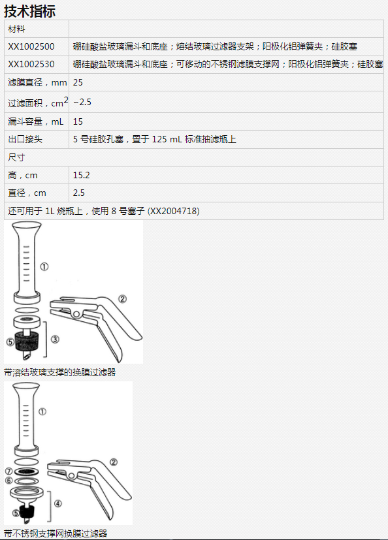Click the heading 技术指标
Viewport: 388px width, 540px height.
click(x=29, y=11)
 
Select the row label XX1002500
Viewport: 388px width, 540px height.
click(x=31, y=46)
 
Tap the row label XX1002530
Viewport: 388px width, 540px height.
click(x=31, y=65)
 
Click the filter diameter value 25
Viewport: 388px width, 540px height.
click(x=78, y=82)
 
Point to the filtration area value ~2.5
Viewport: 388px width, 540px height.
click(x=82, y=102)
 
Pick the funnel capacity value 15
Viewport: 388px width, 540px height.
click(x=78, y=121)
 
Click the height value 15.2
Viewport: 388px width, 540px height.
click(x=81, y=175)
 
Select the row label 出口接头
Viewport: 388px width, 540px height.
click(x=25, y=140)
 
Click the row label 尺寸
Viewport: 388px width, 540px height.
click(x=16, y=157)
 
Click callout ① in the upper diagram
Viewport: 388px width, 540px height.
click(x=44, y=266)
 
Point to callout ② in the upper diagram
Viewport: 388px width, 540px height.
click(x=122, y=299)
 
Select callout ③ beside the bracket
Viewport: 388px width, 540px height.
click(x=55, y=340)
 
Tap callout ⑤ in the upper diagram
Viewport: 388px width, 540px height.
click(x=10, y=342)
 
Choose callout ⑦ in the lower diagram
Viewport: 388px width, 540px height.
click(x=8, y=471)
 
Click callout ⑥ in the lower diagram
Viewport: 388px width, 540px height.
click(x=8, y=481)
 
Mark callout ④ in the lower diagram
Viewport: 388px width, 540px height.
click(x=58, y=503)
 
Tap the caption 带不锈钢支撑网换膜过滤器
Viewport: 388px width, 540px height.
click(x=56, y=534)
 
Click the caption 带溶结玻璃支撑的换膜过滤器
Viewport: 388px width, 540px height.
click(x=60, y=372)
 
